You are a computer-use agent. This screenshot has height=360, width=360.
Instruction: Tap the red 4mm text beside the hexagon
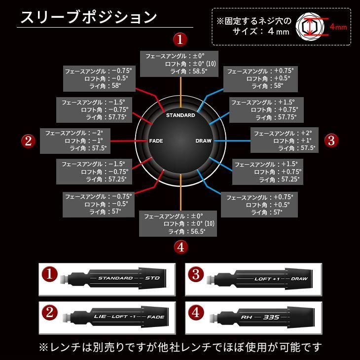click(338, 27)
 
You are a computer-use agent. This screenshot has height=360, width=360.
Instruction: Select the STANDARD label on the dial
click(180, 115)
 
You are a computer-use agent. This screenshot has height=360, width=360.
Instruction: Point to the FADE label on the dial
click(156, 141)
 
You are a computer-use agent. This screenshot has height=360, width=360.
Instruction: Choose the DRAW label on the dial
click(203, 141)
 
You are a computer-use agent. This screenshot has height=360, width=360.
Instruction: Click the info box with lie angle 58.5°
click(180, 63)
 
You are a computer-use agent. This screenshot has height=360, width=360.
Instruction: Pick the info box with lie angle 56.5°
click(180, 223)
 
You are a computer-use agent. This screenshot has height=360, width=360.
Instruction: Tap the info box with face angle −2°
click(75, 141)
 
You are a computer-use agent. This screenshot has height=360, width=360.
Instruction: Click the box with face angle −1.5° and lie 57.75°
click(93, 109)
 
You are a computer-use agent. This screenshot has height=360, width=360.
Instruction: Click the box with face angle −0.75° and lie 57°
click(96, 204)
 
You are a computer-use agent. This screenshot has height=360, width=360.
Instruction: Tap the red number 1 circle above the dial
click(180, 39)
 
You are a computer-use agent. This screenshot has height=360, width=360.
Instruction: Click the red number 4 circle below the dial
click(180, 247)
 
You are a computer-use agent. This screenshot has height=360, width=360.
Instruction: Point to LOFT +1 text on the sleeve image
click(267, 279)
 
